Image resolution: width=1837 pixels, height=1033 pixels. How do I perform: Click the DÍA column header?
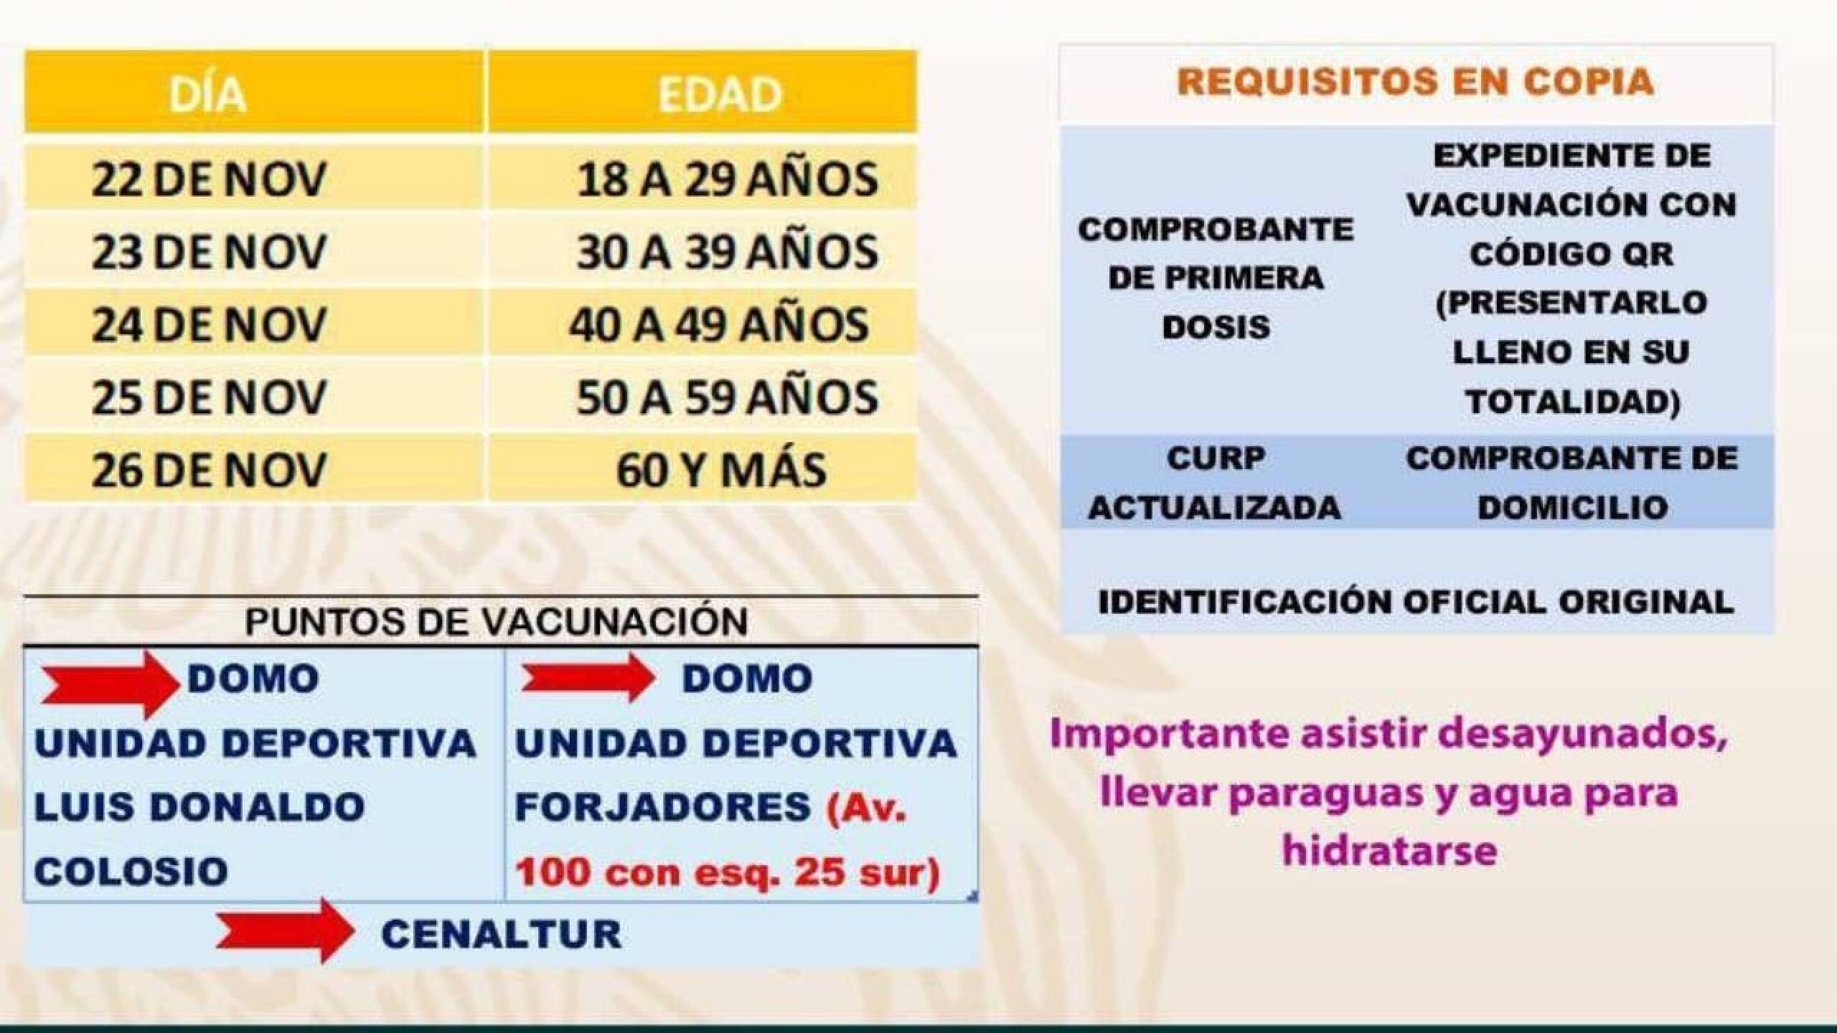point(208,93)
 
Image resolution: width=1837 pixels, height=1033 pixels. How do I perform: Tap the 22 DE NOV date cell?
point(209,179)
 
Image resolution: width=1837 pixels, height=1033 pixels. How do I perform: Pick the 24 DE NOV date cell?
point(209,324)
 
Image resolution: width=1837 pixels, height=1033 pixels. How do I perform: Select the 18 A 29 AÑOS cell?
point(727,179)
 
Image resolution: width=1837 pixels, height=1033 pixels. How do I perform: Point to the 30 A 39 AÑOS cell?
point(727,252)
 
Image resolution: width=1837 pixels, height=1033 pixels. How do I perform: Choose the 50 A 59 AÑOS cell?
point(727,397)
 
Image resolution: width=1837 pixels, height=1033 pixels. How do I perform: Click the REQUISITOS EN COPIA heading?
point(1415,81)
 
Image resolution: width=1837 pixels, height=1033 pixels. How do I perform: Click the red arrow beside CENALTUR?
point(285,930)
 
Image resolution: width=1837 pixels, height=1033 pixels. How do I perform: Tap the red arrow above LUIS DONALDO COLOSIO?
point(111,684)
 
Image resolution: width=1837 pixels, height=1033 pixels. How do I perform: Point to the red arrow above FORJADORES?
point(587,677)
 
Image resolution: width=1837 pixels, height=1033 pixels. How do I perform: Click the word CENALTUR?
point(502,934)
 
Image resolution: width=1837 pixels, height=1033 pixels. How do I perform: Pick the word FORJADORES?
point(663,807)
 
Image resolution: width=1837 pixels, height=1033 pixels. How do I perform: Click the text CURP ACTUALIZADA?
point(1215,483)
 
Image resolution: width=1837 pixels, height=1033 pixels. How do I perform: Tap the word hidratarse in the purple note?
point(1389,851)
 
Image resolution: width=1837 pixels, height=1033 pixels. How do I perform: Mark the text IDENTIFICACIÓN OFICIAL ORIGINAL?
point(1416,601)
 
